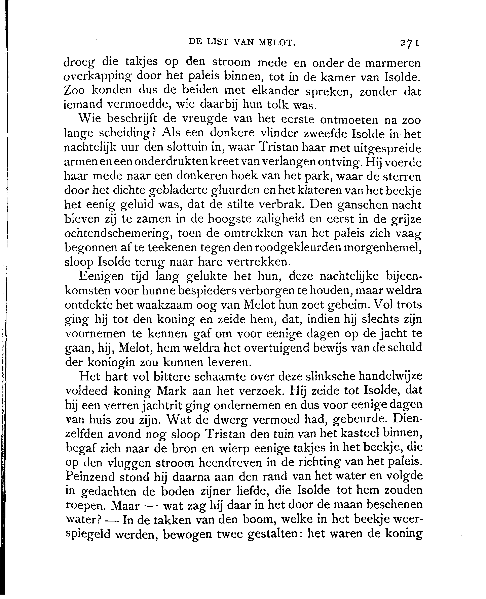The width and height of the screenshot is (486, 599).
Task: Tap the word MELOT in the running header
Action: click(x=277, y=42)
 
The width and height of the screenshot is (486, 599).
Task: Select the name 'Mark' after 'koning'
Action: click(x=171, y=391)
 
